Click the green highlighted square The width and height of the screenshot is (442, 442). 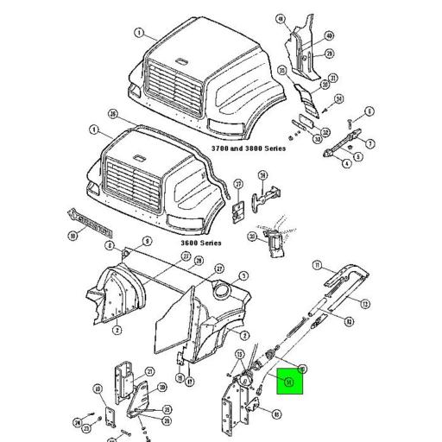[289, 380]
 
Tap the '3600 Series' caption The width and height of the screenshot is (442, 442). [202, 243]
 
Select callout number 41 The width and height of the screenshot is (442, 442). [281, 18]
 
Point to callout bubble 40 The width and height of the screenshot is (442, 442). [329, 35]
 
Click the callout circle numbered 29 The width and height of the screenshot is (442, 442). [329, 53]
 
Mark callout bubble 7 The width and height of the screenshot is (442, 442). [370, 144]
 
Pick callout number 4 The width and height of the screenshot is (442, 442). [347, 162]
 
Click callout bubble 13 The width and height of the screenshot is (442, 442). [366, 303]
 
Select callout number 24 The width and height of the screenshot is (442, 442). [77, 423]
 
